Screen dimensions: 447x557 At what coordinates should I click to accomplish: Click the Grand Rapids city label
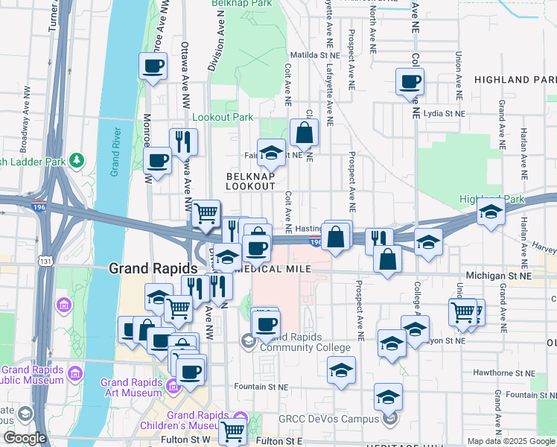(x=153, y=268)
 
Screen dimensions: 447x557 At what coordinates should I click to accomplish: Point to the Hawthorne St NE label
(x=504, y=372)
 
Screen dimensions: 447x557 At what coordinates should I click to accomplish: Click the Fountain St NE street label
(x=260, y=387)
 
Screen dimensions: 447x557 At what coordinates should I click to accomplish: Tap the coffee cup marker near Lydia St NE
(x=410, y=82)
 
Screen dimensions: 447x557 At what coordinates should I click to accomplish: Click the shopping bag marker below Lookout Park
(x=305, y=134)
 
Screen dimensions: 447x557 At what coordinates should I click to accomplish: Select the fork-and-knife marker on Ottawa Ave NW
(x=183, y=142)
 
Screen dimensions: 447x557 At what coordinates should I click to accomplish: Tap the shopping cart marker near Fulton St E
(x=233, y=431)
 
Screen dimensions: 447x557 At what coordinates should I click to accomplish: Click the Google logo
(x=25, y=438)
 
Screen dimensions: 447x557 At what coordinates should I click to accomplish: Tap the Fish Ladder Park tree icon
(x=77, y=160)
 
